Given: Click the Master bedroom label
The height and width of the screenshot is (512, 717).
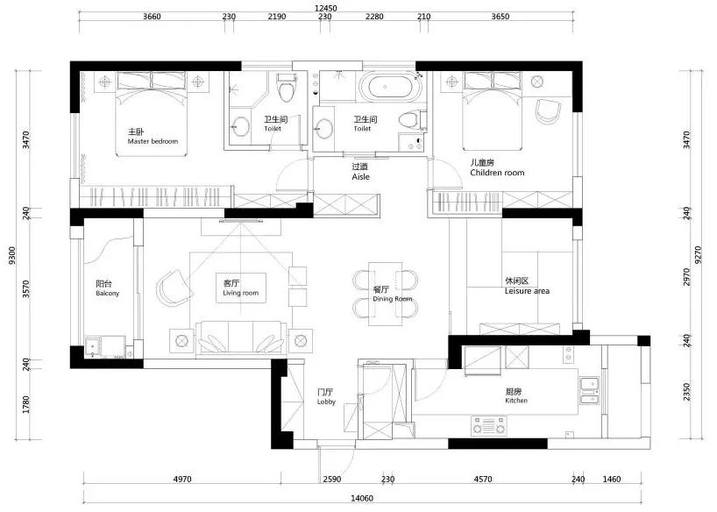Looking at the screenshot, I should (x=152, y=141).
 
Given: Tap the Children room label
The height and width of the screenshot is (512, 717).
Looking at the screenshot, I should (x=496, y=173).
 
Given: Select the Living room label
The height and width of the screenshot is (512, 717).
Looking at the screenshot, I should (x=238, y=293).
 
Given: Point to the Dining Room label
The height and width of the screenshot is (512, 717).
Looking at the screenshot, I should (x=392, y=299).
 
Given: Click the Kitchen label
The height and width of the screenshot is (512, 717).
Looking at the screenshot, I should (x=516, y=401).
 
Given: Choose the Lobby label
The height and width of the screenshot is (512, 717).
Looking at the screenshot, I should (x=326, y=402).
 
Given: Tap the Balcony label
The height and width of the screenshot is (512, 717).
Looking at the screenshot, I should (x=107, y=293).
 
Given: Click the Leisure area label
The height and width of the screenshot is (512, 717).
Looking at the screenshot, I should (x=527, y=291).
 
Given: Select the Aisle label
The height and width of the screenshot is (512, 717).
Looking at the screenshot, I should (x=360, y=176).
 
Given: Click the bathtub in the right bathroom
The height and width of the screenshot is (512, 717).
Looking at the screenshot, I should (x=388, y=88).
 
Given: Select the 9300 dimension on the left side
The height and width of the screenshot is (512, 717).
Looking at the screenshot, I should (x=11, y=255).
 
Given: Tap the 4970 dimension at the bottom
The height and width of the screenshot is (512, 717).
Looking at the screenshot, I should (x=182, y=479).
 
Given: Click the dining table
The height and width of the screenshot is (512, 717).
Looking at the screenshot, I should (x=385, y=293).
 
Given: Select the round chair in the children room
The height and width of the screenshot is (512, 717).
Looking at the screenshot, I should (x=546, y=111).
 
